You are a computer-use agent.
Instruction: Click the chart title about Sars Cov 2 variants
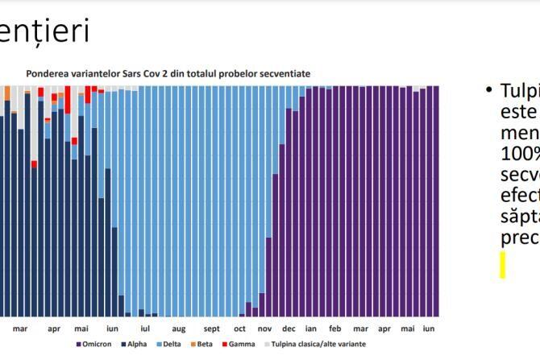168,73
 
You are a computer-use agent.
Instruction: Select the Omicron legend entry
94,344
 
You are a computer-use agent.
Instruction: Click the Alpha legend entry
134,344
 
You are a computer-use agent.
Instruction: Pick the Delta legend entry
169,344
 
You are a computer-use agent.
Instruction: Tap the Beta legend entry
203,344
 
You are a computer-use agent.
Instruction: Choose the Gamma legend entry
239,344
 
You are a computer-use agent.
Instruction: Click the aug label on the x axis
178,329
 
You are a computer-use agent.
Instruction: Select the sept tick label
211,329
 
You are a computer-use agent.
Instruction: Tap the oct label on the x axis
239,329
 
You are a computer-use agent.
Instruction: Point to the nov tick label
264,329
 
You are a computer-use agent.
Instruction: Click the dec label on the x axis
289,329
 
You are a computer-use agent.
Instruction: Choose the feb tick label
335,329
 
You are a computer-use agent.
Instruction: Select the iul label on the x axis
145,329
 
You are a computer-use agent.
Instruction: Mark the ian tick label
311,329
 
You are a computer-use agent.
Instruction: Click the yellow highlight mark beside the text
502,265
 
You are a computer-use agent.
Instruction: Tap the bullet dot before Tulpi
489,89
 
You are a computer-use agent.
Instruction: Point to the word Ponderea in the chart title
48,73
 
